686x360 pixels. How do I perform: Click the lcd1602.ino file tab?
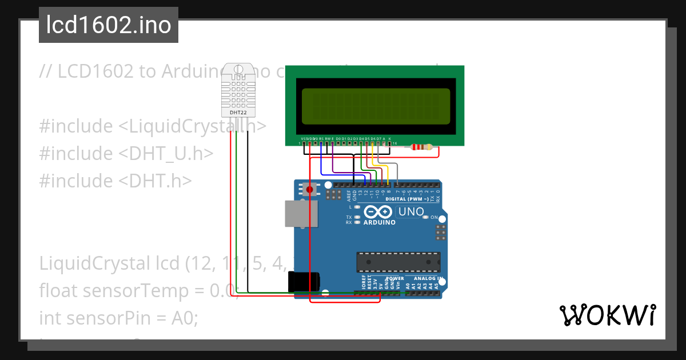click(x=108, y=25)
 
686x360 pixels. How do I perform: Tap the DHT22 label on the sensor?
click(x=238, y=113)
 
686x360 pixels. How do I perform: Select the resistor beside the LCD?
click(x=422, y=147)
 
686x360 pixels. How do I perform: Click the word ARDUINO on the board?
click(x=379, y=222)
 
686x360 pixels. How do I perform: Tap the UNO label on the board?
click(x=411, y=212)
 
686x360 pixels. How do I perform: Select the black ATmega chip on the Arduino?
click(x=398, y=261)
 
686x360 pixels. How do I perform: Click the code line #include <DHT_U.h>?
click(x=126, y=153)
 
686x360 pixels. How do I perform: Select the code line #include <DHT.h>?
click(x=115, y=181)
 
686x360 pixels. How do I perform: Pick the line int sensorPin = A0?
click(x=118, y=318)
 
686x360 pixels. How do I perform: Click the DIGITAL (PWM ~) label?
click(x=405, y=199)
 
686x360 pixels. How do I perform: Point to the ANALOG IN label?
click(x=428, y=278)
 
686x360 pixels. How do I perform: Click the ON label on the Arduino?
click(x=434, y=218)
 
